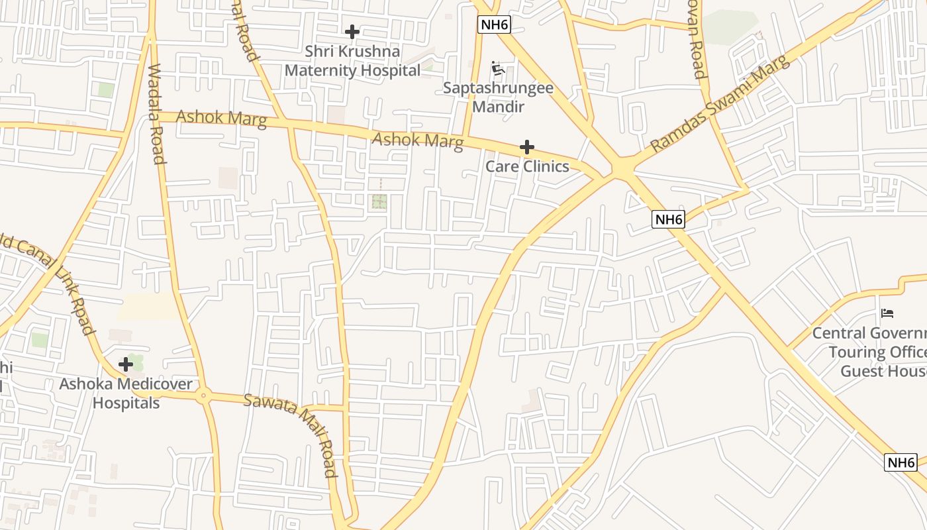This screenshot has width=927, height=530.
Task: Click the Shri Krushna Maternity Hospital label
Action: coord(352,61)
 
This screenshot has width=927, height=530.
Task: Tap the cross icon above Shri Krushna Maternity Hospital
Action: coord(352,31)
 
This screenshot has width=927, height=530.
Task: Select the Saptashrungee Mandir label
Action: coord(498,97)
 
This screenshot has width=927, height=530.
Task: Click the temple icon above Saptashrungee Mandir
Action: coord(498,68)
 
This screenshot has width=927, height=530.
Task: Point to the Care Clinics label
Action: coord(527,166)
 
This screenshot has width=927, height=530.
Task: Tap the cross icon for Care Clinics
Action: coord(527,146)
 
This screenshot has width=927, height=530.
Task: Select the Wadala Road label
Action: coord(156,113)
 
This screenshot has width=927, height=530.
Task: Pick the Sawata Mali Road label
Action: coord(291,435)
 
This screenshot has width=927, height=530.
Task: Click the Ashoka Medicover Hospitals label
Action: coord(126,394)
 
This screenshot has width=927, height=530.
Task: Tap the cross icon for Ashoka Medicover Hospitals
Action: coord(126,364)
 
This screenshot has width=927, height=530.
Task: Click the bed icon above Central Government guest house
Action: coord(887,313)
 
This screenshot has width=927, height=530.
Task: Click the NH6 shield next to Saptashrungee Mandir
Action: coord(495,25)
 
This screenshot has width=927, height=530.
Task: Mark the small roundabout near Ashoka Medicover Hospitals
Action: coord(204,396)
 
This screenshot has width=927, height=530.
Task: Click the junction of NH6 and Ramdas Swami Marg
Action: coord(622,170)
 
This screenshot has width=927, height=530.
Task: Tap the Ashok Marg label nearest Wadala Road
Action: coord(222,119)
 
